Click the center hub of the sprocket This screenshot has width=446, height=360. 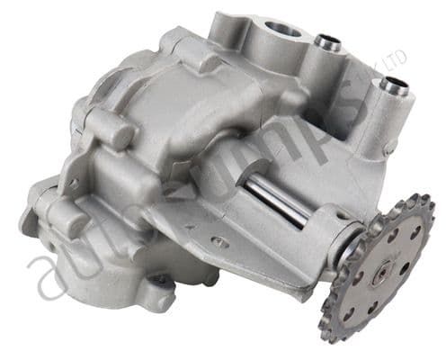tap(382, 267)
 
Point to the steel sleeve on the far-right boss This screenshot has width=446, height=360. tap(392, 86)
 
